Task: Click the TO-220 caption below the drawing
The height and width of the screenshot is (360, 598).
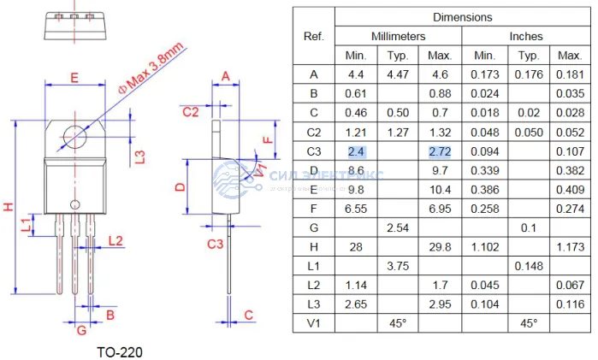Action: pyautogui.click(x=120, y=351)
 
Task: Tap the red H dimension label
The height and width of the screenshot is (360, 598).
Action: pyautogui.click(x=9, y=207)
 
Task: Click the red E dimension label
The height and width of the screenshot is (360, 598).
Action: pyautogui.click(x=74, y=78)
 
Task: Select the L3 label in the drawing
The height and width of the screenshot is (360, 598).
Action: pyautogui.click(x=139, y=155)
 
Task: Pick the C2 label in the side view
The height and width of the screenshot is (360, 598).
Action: pyautogui.click(x=191, y=112)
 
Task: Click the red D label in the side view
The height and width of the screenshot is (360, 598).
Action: pyautogui.click(x=180, y=186)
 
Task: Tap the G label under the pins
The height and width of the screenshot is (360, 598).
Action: pyautogui.click(x=81, y=330)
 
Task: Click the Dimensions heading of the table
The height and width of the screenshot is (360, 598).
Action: pyautogui.click(x=462, y=17)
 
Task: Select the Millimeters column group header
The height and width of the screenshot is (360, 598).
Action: pyautogui.click(x=398, y=37)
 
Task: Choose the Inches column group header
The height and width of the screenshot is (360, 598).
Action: pyautogui.click(x=526, y=37)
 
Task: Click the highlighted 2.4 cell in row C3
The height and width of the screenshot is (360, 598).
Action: pyautogui.click(x=356, y=151)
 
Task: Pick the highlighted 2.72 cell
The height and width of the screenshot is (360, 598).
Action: pyautogui.click(x=440, y=151)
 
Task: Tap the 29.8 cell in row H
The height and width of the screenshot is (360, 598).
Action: pyautogui.click(x=440, y=246)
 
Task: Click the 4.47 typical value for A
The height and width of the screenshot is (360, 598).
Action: pyautogui.click(x=398, y=74)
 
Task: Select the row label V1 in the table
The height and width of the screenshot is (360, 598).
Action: pyautogui.click(x=314, y=323)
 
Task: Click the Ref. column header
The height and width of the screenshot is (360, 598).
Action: pyautogui.click(x=314, y=37)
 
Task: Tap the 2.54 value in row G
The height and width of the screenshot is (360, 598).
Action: pyautogui.click(x=398, y=227)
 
